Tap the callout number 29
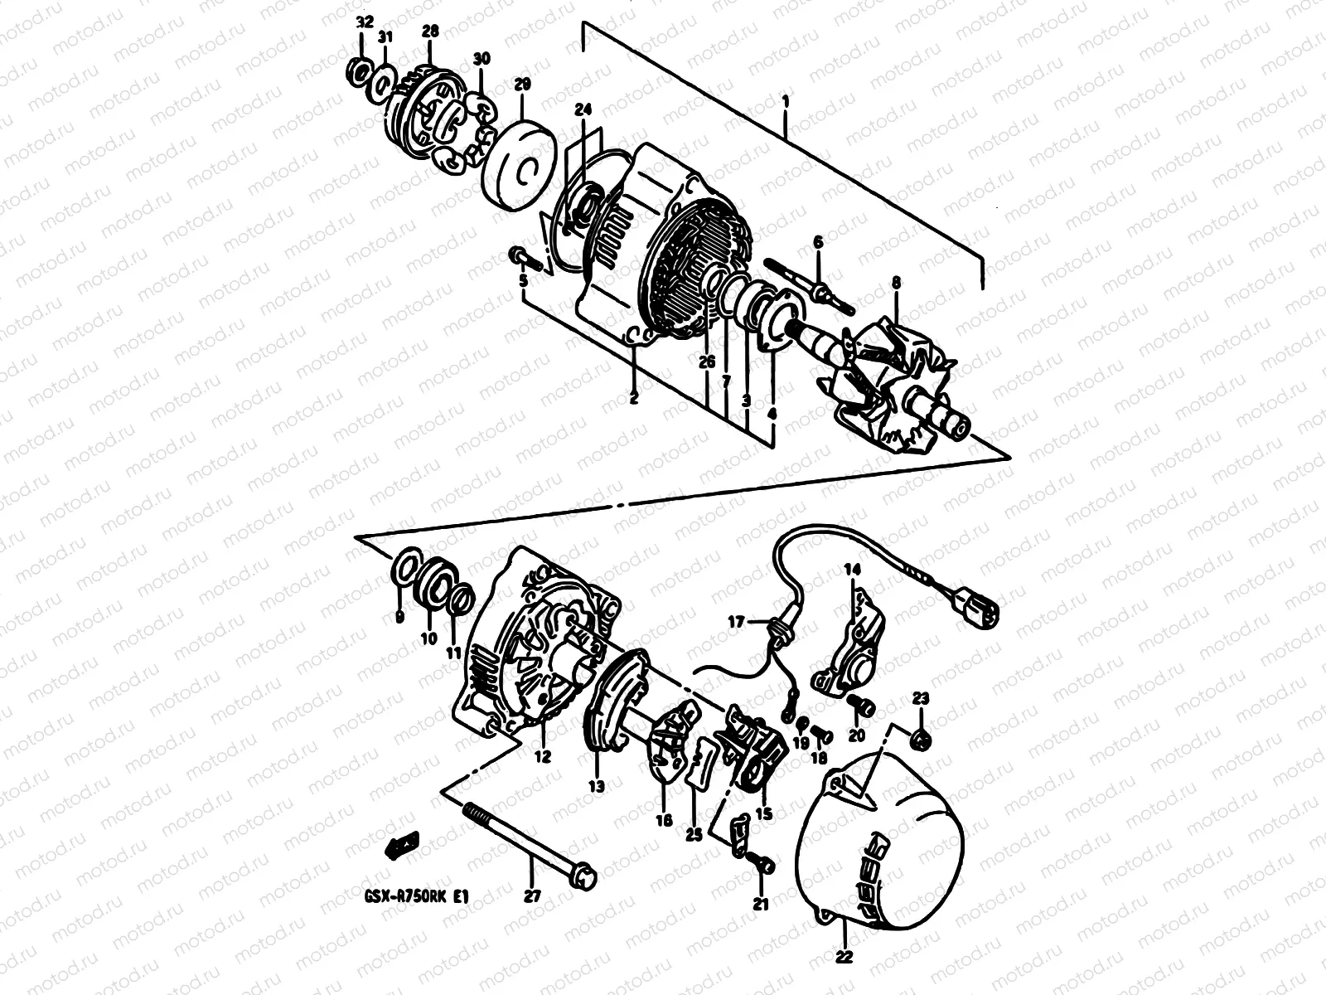click(522, 85)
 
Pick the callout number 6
click(818, 242)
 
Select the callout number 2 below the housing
click(633, 397)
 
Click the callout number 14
click(853, 569)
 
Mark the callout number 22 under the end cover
click(843, 955)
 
